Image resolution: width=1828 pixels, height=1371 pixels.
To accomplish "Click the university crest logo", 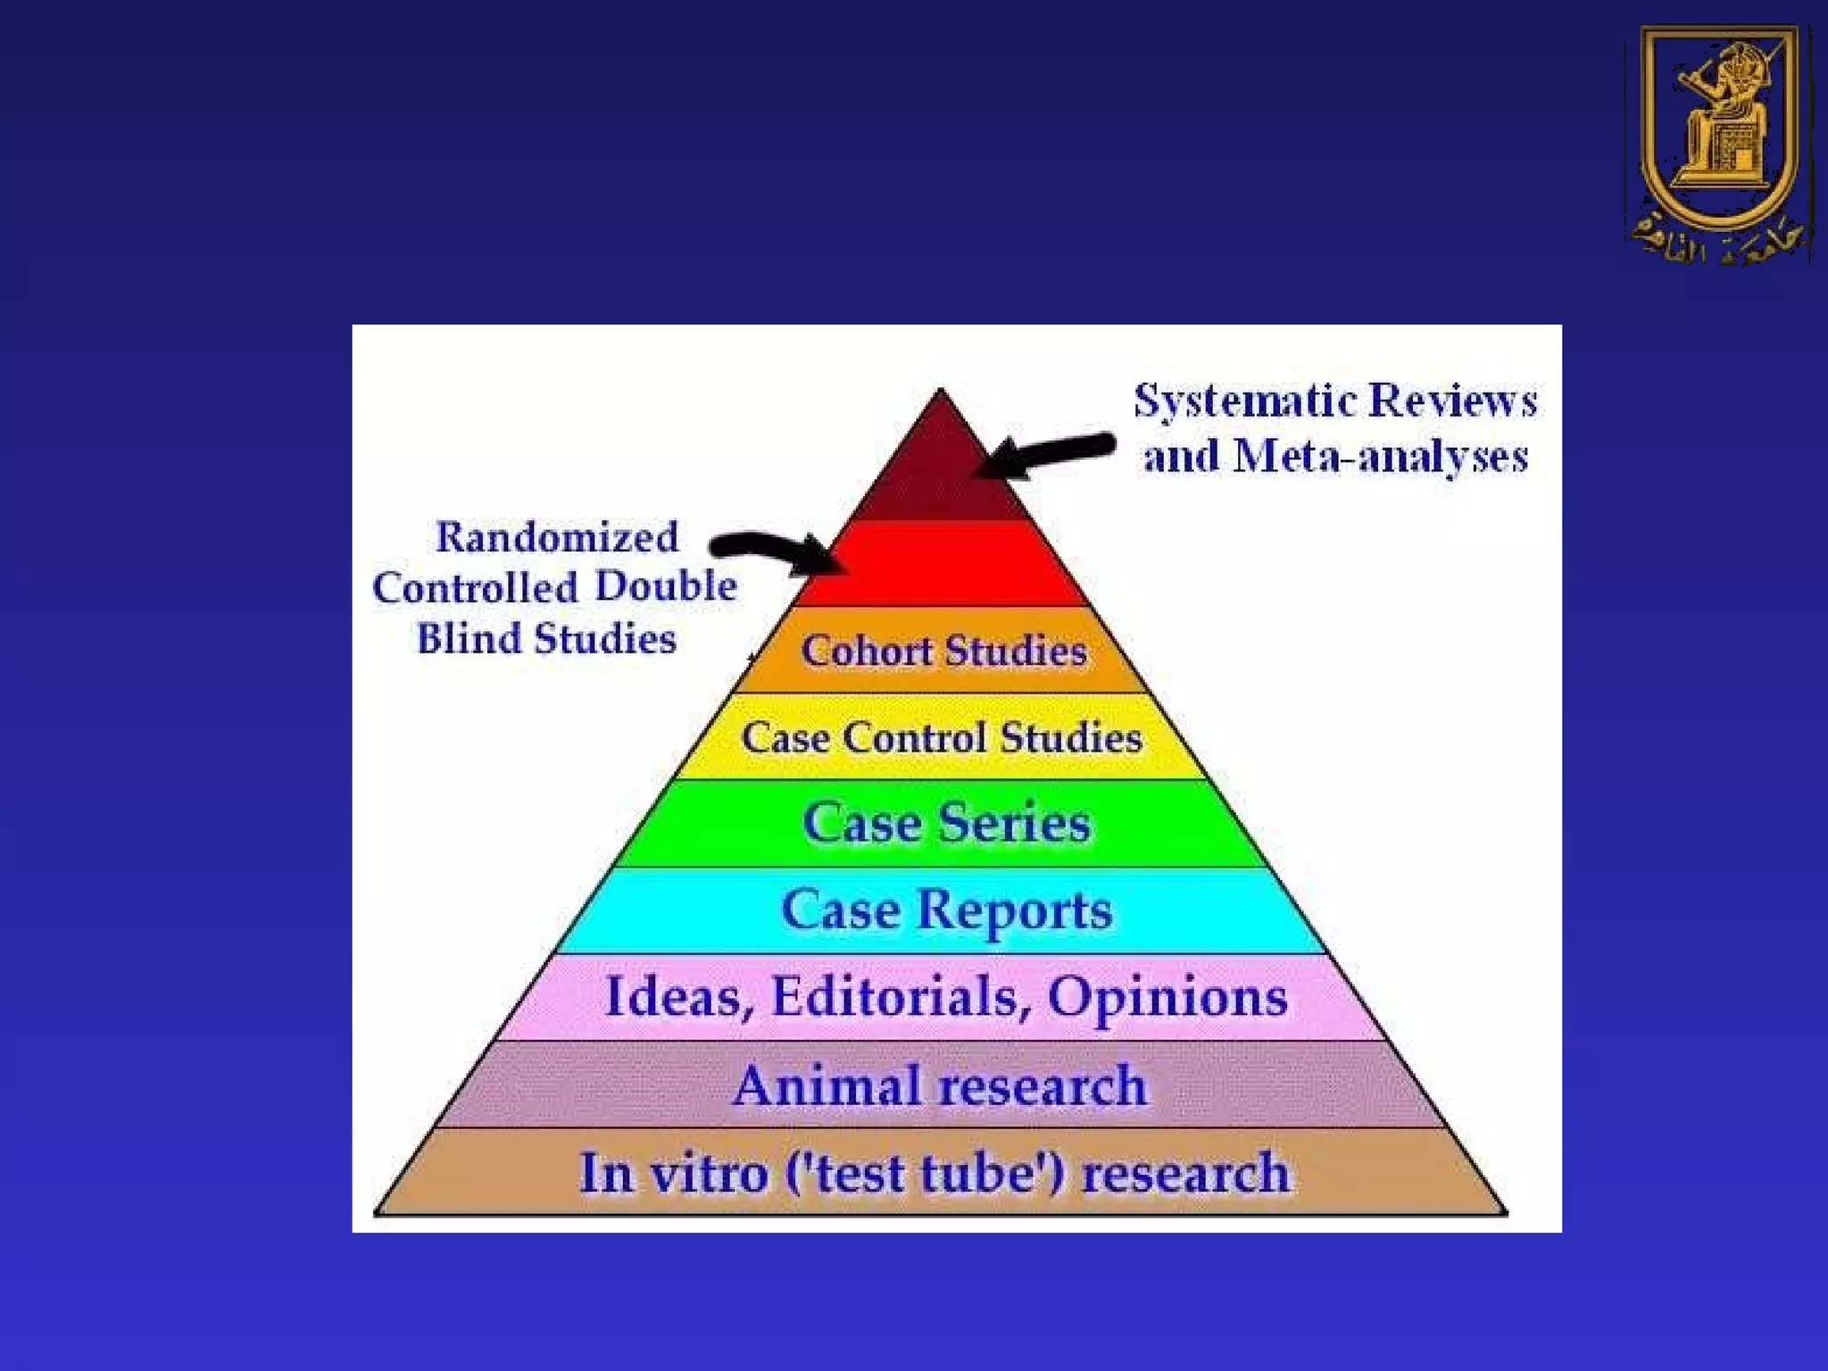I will coord(1719,143).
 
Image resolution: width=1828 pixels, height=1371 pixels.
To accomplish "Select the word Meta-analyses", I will coord(1381,457).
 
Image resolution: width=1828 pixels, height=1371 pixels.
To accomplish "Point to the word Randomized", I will coord(557,537).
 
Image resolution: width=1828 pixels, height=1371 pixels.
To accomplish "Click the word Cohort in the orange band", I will coord(866,651).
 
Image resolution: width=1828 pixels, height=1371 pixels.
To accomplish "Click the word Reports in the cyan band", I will coord(1015,910).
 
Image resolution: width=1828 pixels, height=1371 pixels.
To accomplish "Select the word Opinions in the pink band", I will coord(1167,996).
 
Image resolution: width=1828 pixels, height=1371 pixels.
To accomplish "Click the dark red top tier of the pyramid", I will coord(939,473).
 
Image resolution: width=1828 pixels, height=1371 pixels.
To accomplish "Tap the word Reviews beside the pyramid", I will coord(1453,401).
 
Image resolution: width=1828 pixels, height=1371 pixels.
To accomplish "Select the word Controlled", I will coord(476,588).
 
